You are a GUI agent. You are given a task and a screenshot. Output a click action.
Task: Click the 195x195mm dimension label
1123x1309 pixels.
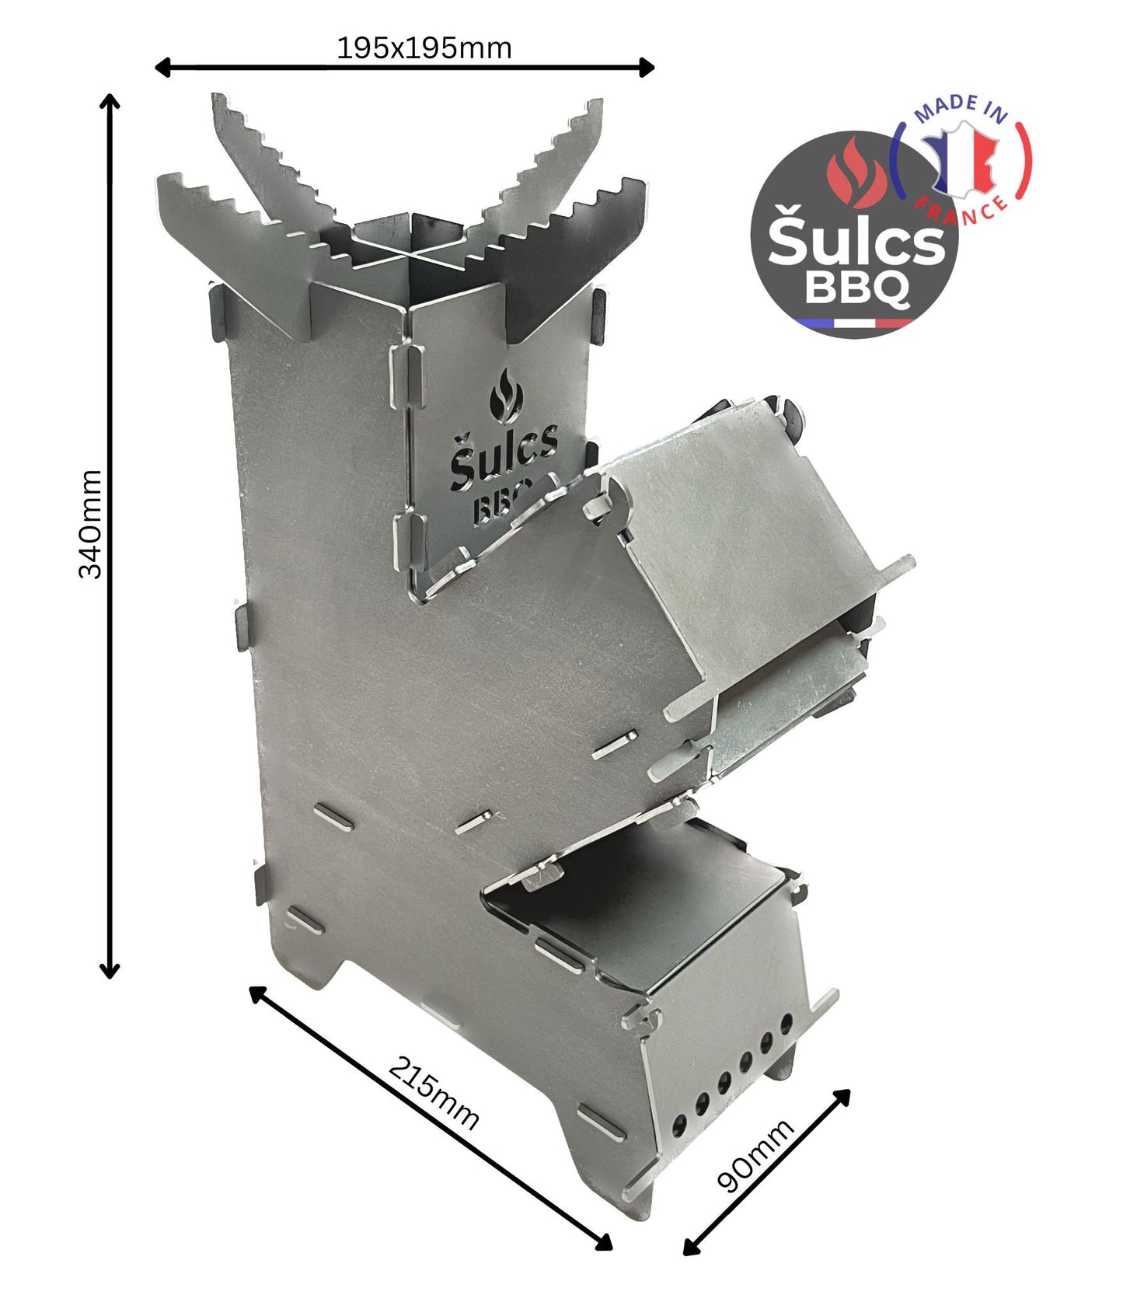tap(424, 49)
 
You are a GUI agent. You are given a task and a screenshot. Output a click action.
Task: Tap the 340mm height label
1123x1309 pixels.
tap(91, 524)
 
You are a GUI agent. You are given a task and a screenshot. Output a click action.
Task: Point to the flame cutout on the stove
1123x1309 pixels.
tap(505, 396)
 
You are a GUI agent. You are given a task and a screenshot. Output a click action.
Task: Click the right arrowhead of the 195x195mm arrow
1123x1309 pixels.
tap(647, 68)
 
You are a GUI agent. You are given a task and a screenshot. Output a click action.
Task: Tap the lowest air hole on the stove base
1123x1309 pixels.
tap(678, 1122)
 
